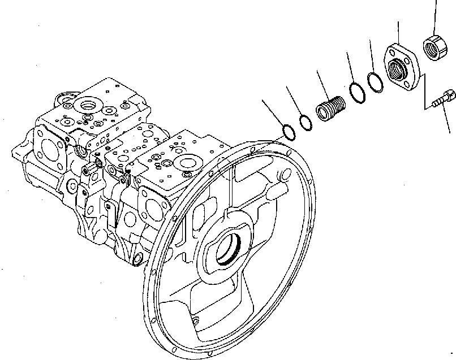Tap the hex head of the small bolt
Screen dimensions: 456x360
(449, 96)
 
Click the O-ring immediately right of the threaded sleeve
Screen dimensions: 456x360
(356, 93)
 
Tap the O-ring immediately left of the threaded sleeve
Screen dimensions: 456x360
(305, 122)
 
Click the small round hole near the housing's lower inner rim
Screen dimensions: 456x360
(195, 323)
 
